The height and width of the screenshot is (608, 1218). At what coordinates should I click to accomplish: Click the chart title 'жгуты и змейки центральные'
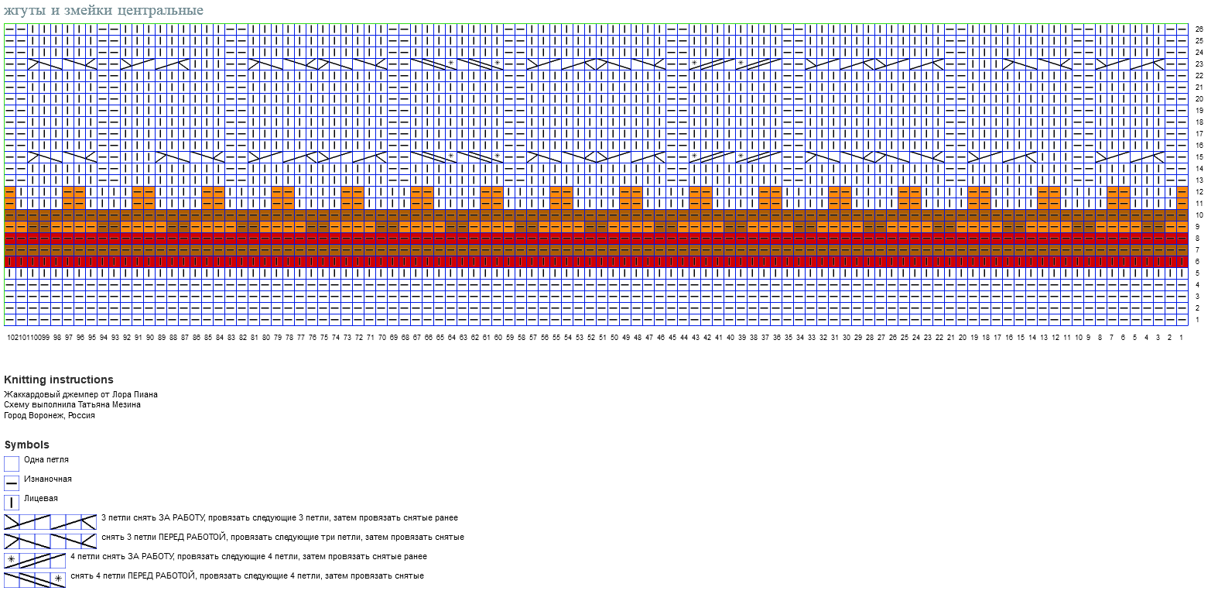[x=104, y=10]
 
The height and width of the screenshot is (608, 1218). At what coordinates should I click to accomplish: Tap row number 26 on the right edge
[x=1199, y=29]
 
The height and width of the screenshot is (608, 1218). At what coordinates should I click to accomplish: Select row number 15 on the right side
[x=1199, y=157]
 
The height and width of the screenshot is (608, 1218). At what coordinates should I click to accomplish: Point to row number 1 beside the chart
[x=1197, y=320]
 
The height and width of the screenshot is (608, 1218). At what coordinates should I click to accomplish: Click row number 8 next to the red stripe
[x=1197, y=239]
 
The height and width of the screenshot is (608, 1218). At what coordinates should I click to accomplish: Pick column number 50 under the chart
[x=614, y=338]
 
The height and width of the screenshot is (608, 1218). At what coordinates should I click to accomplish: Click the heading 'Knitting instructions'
[x=59, y=380]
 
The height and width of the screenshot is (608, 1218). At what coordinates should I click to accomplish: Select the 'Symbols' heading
[x=26, y=445]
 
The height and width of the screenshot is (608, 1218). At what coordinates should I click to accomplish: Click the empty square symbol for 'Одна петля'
[x=12, y=464]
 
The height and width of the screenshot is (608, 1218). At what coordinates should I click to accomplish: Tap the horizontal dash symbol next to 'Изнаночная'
[x=12, y=483]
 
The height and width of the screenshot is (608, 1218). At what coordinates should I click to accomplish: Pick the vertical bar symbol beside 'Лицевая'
[x=12, y=502]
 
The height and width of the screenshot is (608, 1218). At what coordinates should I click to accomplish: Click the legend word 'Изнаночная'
[x=48, y=479]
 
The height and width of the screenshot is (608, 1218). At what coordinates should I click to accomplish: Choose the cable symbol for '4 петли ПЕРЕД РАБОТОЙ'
[x=35, y=580]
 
